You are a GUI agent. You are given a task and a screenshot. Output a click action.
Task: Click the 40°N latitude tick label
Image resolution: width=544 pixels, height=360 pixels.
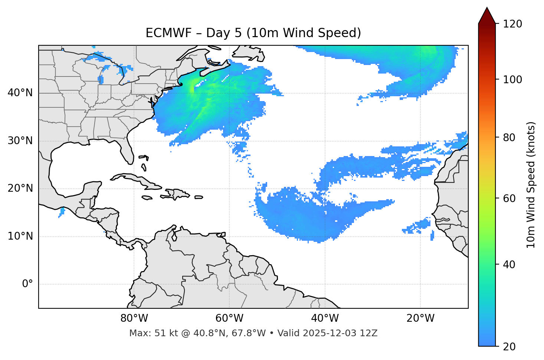pos(20,93)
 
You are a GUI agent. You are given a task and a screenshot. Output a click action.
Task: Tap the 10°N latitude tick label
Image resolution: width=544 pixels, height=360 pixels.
pos(20,236)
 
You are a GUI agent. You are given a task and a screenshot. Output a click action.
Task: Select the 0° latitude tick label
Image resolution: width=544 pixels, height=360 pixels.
pos(27,284)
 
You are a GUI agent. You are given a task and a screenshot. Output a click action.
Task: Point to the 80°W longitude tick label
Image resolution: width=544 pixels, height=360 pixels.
pos(134,318)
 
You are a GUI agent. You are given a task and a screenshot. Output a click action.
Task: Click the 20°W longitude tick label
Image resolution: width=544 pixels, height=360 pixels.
pos(420,318)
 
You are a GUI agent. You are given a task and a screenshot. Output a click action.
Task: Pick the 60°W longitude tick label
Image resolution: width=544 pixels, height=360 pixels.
pos(229,318)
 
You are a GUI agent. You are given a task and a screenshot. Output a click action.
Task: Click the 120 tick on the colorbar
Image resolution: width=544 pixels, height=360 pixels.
pos(512,24)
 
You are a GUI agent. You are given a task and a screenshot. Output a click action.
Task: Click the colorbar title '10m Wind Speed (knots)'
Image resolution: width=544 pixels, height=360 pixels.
pos(531,185)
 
